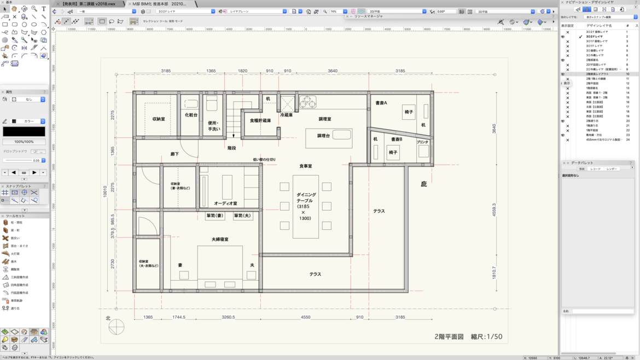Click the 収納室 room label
click(159, 119)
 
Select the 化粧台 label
click(191, 115)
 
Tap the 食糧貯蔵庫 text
click(260, 120)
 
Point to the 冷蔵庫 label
click(286, 115)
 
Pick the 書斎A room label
click(381, 103)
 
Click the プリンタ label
click(422, 142)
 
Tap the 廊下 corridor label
click(174, 154)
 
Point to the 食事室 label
click(305, 166)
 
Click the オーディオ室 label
click(225, 204)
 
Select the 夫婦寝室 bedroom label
click(220, 240)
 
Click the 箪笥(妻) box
click(215, 216)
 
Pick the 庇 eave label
click(423, 184)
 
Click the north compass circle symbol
click(117, 327)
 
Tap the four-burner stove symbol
click(307, 102)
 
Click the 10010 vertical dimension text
click(105, 191)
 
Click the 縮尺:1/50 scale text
click(486, 337)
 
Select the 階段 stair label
click(232, 148)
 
